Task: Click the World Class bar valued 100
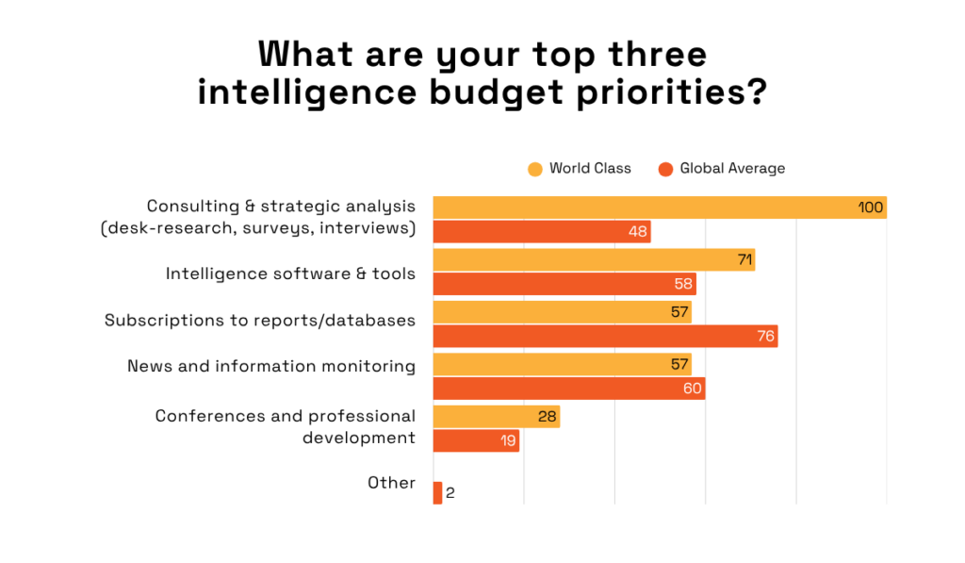(660, 207)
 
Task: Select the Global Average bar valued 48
(542, 232)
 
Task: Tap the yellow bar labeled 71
(594, 260)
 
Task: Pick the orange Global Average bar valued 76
(605, 336)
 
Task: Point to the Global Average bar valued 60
(569, 389)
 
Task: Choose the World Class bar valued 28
(497, 417)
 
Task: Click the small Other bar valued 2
(437, 492)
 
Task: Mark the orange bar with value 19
(476, 440)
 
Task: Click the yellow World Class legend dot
(535, 169)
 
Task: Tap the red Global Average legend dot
(665, 169)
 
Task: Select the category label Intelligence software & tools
(290, 273)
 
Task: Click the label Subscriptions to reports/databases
(260, 321)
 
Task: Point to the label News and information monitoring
(271, 366)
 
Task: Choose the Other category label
(391, 483)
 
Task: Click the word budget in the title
(493, 94)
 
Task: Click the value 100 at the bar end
(871, 207)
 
